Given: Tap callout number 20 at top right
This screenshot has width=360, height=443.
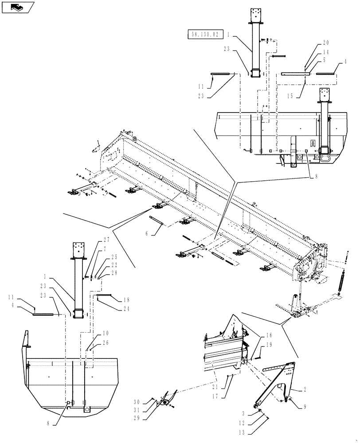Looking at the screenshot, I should (x=326, y=43).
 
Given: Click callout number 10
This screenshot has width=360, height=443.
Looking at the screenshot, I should (x=106, y=332).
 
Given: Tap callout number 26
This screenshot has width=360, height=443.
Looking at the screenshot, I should (x=106, y=342).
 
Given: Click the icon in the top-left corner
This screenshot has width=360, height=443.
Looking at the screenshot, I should (x=18, y=7).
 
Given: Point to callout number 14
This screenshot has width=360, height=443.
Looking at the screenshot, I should (x=326, y=52).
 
